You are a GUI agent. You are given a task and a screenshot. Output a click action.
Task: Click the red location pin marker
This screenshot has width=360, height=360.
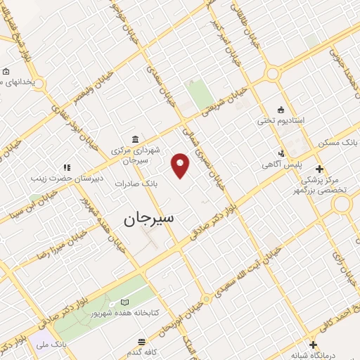click(x=181, y=165)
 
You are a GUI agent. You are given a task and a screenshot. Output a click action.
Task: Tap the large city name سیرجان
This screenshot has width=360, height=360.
click(x=153, y=218)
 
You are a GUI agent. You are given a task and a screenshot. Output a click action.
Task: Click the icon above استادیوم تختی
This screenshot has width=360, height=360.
click(x=281, y=109)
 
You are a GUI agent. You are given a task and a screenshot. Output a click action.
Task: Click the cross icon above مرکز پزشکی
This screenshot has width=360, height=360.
click(x=320, y=169)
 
